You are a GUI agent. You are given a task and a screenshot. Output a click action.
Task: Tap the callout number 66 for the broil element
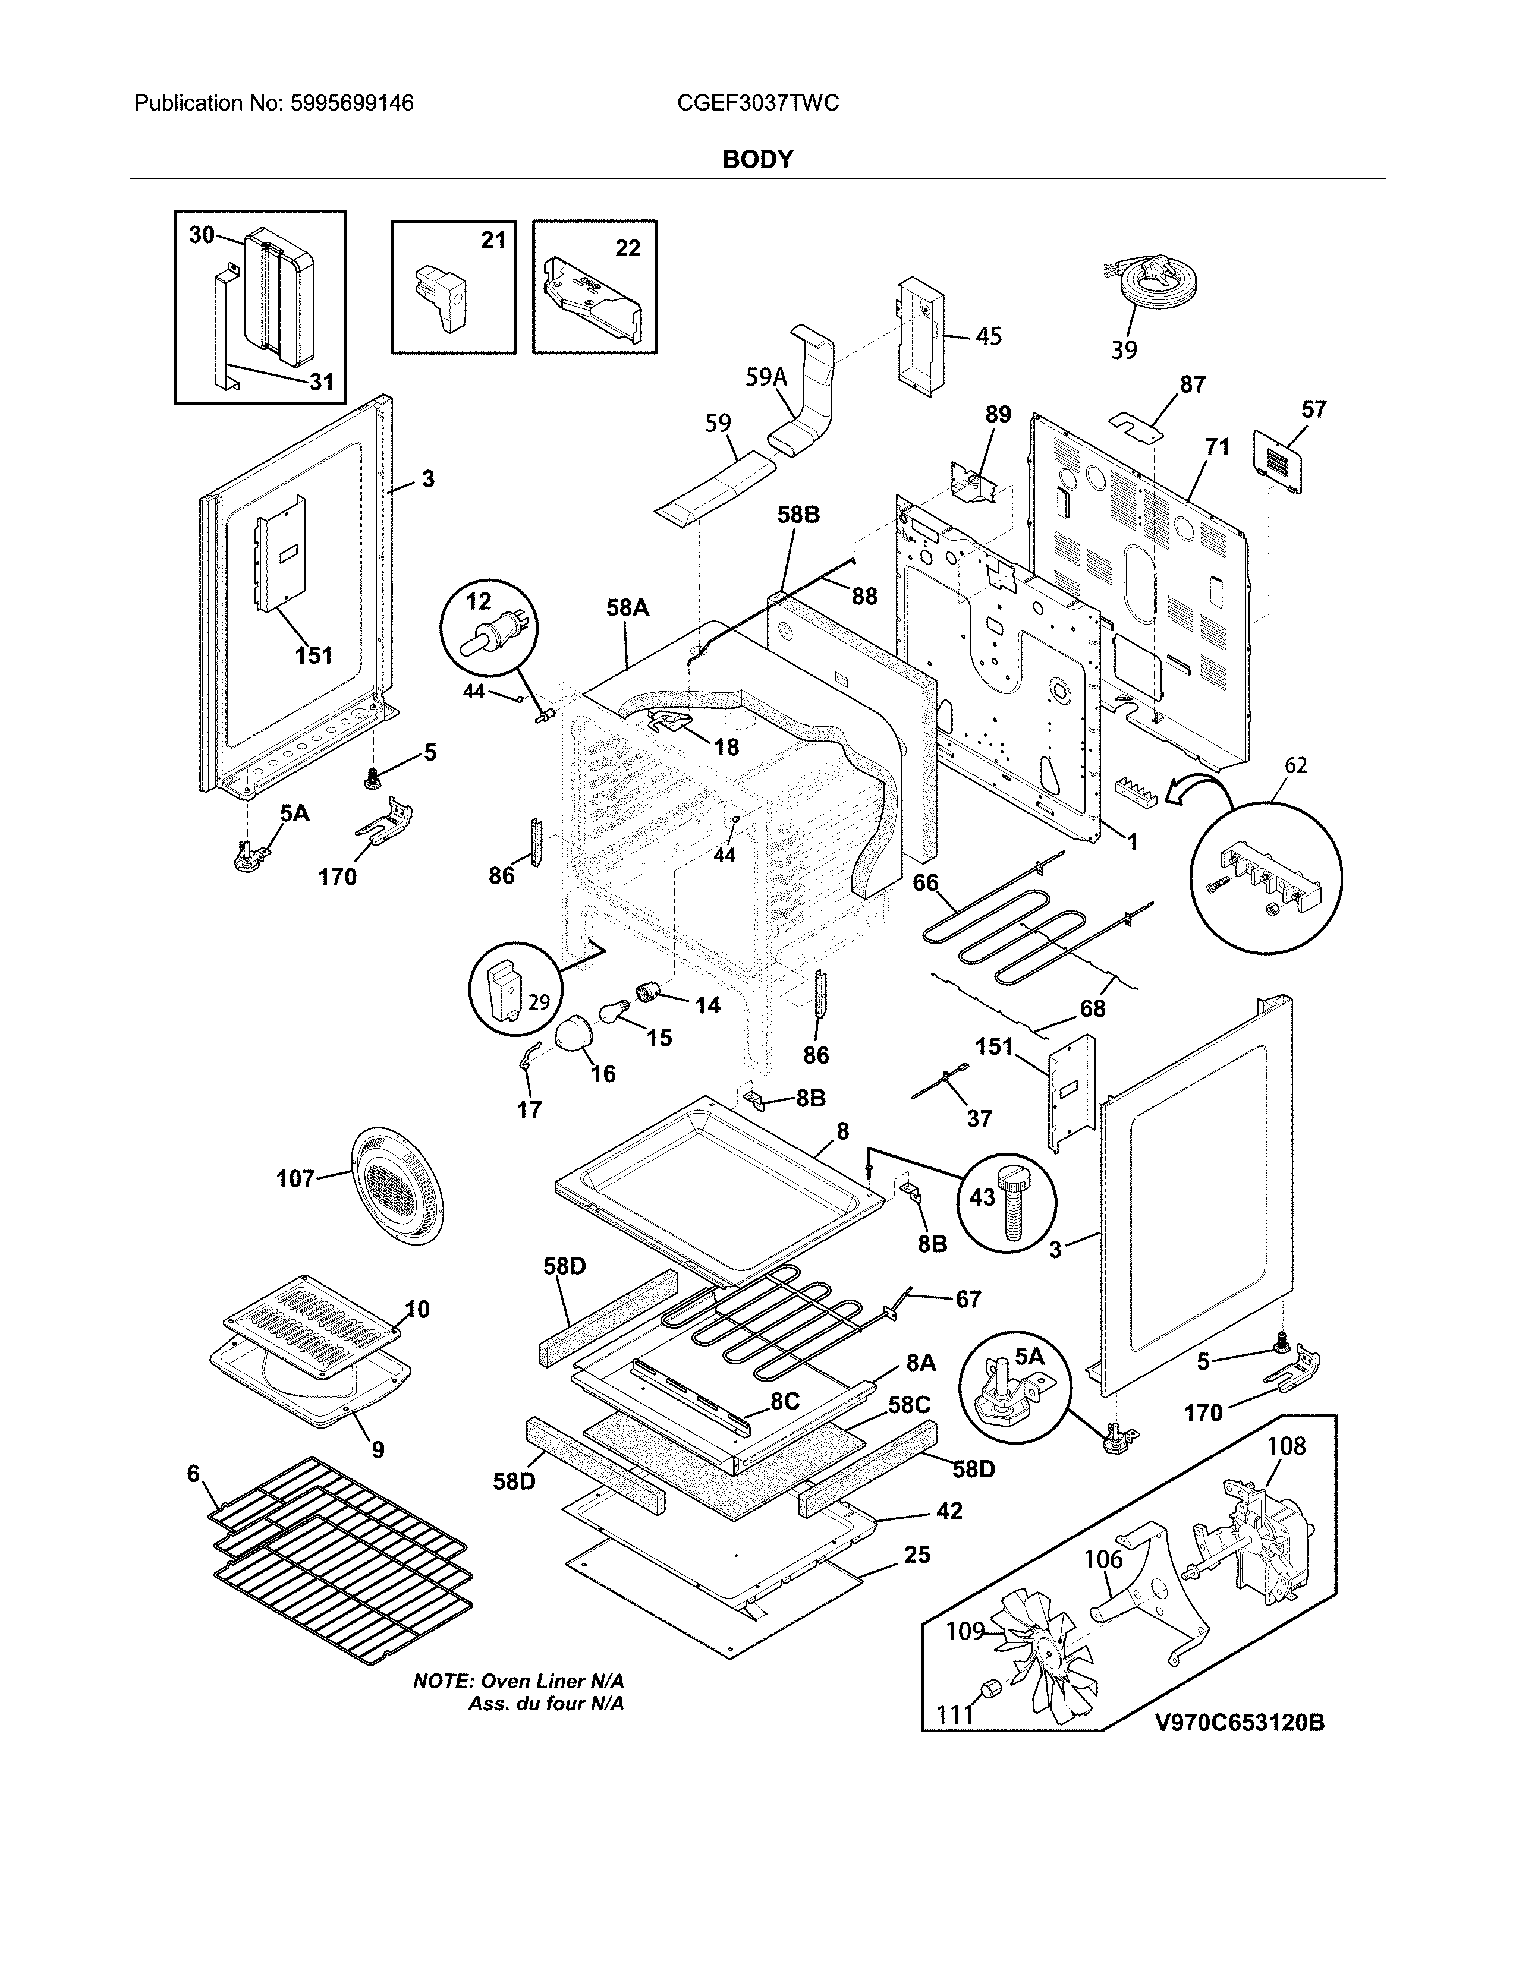(926, 882)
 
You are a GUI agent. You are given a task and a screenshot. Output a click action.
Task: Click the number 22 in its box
(628, 248)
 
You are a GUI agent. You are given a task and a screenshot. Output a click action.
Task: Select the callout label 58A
(627, 608)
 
